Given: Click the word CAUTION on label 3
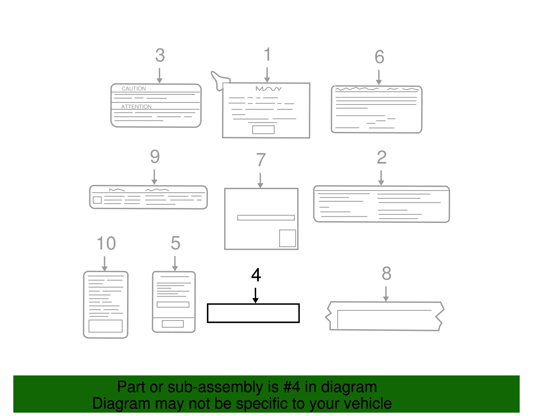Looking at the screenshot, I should [x=134, y=89].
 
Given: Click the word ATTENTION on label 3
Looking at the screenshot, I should [x=136, y=107].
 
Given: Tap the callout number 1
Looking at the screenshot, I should [x=267, y=55].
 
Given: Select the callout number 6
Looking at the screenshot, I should [x=379, y=57].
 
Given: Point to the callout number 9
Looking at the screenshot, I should [x=155, y=157].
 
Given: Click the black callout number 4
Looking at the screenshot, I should [x=256, y=275].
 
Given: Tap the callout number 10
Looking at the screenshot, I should [x=106, y=243].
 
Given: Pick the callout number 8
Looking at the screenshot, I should [x=386, y=274].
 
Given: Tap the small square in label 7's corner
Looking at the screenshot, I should [x=287, y=238].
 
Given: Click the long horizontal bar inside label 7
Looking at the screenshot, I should [x=266, y=217].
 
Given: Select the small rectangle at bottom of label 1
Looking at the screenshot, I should [x=263, y=130].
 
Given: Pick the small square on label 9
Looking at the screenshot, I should [x=97, y=200].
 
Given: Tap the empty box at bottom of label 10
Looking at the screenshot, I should [x=105, y=326].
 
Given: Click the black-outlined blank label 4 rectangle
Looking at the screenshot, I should [x=253, y=313].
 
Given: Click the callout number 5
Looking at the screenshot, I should [x=175, y=243].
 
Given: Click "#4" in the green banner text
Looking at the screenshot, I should [x=291, y=387].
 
